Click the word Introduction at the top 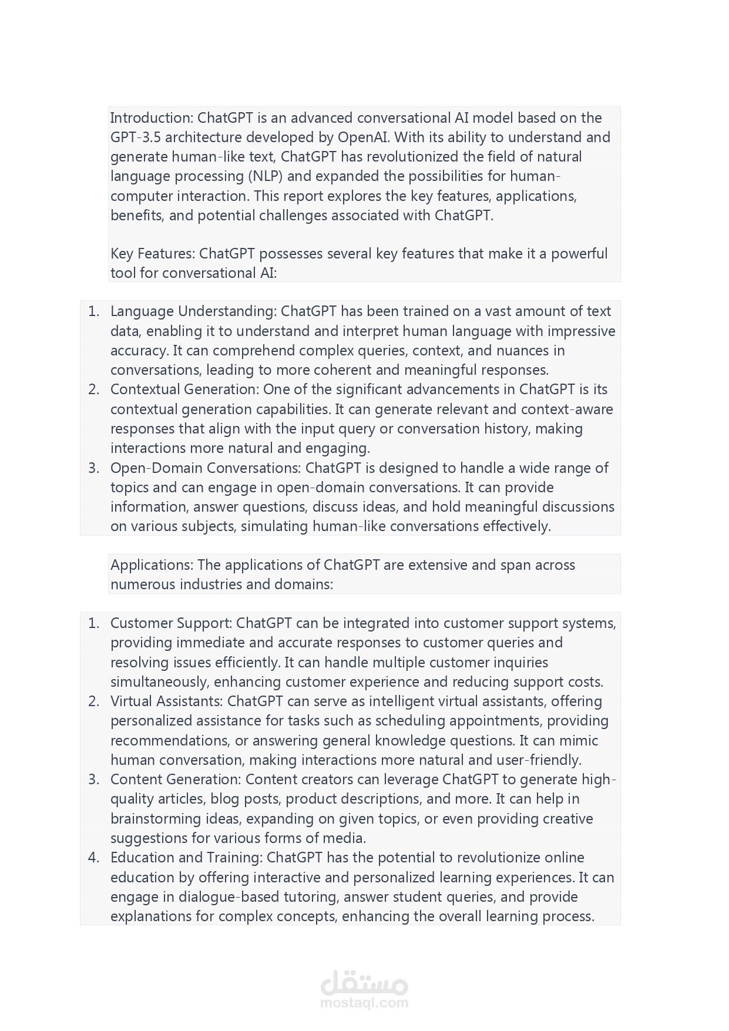pyautogui.click(x=152, y=118)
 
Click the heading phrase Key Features pyautogui.click(x=152, y=254)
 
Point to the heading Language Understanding pyautogui.click(x=193, y=311)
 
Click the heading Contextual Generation pyautogui.click(x=184, y=389)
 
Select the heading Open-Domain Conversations pyautogui.click(x=206, y=468)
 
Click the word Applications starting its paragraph pyautogui.click(x=151, y=565)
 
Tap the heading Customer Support pyautogui.click(x=172, y=623)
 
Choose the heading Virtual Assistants pyautogui.click(x=166, y=701)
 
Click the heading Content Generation pyautogui.click(x=175, y=780)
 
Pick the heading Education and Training pyautogui.click(x=186, y=858)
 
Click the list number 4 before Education pyautogui.click(x=93, y=858)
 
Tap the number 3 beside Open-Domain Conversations pyautogui.click(x=93, y=468)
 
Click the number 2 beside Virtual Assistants pyautogui.click(x=93, y=701)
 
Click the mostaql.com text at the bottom pyautogui.click(x=364, y=1003)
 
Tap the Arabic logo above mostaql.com pyautogui.click(x=364, y=982)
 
